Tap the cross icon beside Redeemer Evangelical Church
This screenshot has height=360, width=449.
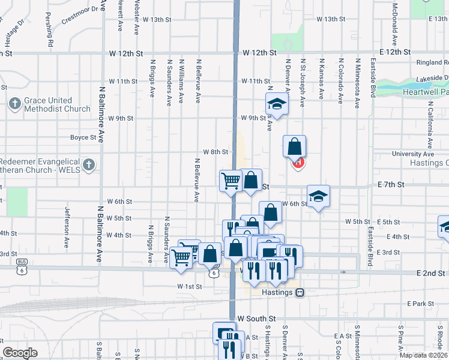[x=89, y=164]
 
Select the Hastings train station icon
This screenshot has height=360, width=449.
[x=300, y=292]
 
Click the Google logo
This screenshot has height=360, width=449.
[x=20, y=352]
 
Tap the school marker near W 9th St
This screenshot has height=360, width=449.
[x=277, y=103]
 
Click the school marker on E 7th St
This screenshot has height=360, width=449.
[x=318, y=196]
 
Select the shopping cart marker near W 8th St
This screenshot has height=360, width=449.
[x=231, y=180]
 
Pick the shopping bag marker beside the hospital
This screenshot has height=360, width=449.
[x=295, y=146]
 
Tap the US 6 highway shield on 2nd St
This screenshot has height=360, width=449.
[x=214, y=273]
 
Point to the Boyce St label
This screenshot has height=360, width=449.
[x=83, y=137]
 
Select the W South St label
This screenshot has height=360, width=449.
[x=256, y=318]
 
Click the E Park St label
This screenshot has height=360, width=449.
[x=420, y=304]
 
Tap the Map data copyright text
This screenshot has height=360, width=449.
[x=424, y=355]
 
